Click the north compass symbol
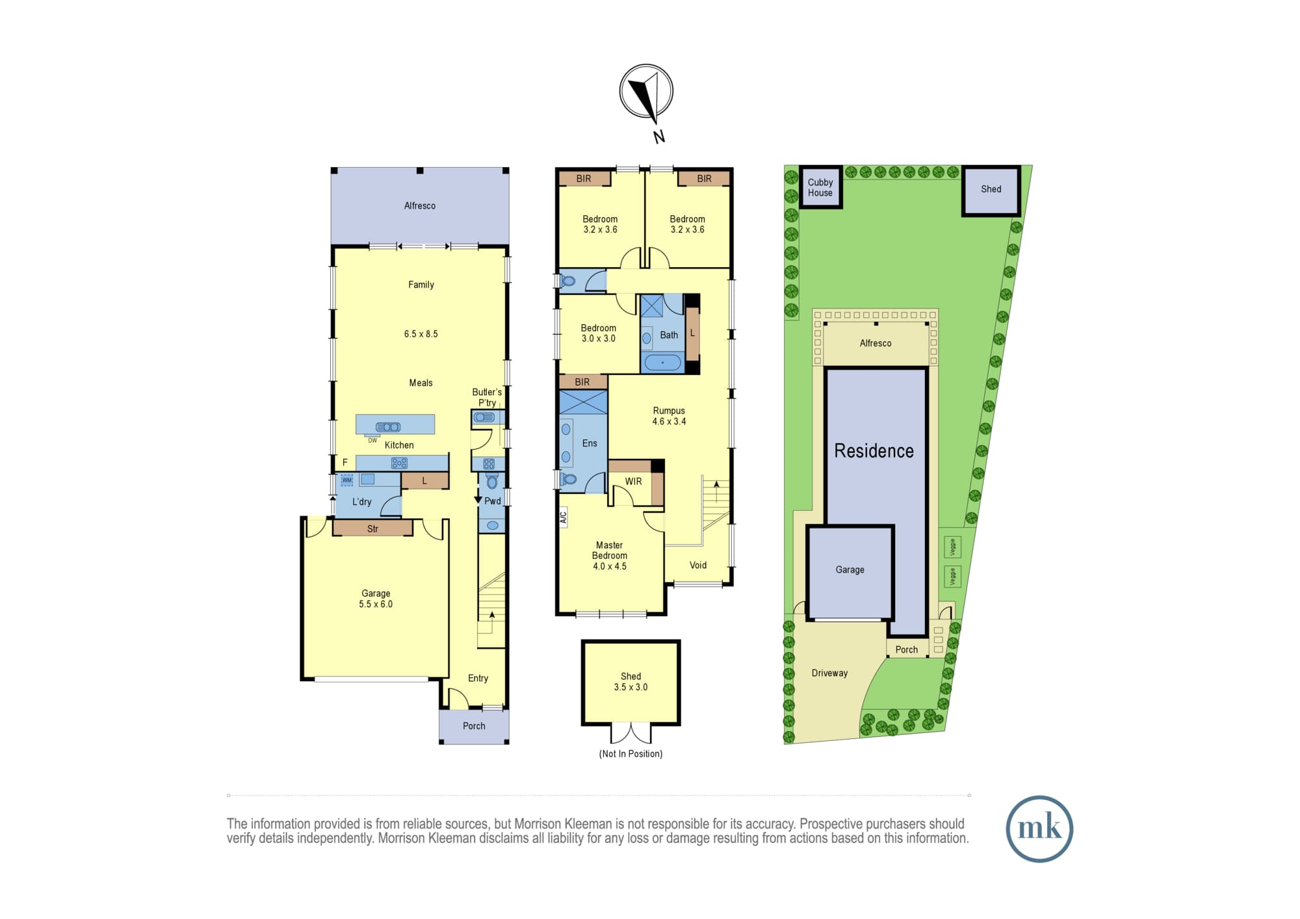pyautogui.click(x=646, y=92)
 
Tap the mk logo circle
pyautogui.click(x=1039, y=829)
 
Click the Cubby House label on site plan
pyautogui.click(x=820, y=187)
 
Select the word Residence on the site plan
pyautogui.click(x=874, y=450)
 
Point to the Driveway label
pyautogui.click(x=829, y=673)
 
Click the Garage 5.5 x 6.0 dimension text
pyautogui.click(x=376, y=604)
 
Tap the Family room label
pyautogui.click(x=421, y=285)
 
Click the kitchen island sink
pyautogui.click(x=388, y=427)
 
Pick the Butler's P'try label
pyautogui.click(x=487, y=397)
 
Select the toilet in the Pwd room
pyautogui.click(x=492, y=481)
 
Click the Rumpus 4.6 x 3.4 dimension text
pyautogui.click(x=669, y=421)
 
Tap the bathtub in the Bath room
pyautogui.click(x=662, y=363)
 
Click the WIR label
pyautogui.click(x=633, y=482)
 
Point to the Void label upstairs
pyautogui.click(x=698, y=565)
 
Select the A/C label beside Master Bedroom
pyautogui.click(x=564, y=517)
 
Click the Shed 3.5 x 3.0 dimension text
pyautogui.click(x=630, y=687)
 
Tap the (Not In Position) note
pyautogui.click(x=630, y=754)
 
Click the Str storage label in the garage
pyautogui.click(x=372, y=529)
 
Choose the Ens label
pyautogui.click(x=590, y=443)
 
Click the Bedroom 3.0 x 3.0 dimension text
pyautogui.click(x=598, y=339)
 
